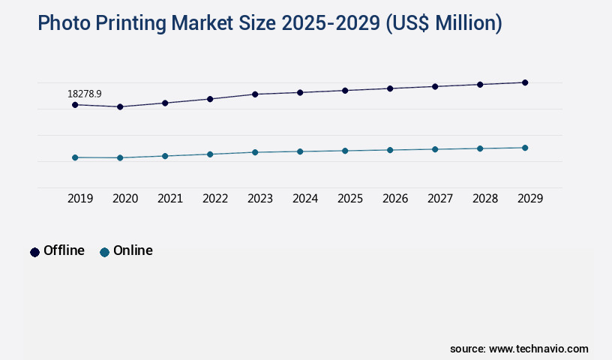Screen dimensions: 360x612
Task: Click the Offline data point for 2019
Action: tap(75, 105)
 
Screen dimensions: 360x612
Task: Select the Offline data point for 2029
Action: tap(525, 82)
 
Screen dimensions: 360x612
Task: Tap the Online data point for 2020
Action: tap(120, 157)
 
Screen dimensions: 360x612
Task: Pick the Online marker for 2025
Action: tap(345, 151)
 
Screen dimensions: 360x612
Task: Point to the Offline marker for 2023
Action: tap(255, 94)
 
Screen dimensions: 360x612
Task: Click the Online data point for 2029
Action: tap(525, 148)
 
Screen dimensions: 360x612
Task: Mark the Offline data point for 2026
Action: tap(390, 88)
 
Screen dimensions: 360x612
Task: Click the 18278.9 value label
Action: tap(84, 94)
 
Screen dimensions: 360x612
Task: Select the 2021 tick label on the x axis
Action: tap(170, 199)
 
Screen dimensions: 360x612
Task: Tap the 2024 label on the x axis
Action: tap(305, 199)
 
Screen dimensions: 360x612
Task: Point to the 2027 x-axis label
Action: tap(440, 199)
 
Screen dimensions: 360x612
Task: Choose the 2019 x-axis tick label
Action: tap(80, 199)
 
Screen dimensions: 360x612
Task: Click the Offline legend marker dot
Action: tap(34, 252)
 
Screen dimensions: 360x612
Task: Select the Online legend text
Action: tap(133, 250)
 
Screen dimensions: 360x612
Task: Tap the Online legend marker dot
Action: tap(104, 252)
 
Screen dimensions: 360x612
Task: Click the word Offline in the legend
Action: tap(64, 250)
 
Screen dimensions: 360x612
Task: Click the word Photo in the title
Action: tap(62, 24)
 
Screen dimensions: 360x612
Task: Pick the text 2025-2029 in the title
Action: tap(331, 24)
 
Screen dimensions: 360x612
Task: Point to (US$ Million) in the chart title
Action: tap(444, 24)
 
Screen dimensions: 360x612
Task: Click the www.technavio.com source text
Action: tap(538, 349)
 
